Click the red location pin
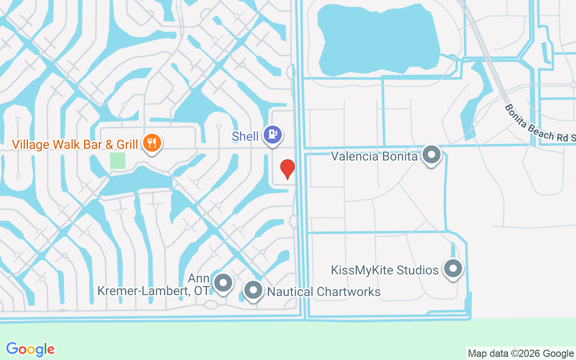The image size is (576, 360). tap(287, 169)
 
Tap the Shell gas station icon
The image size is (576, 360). tap(273, 135)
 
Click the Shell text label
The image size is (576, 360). tap(245, 136)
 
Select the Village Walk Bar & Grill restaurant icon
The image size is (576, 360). tap(152, 143)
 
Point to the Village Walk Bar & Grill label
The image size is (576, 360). tap(75, 144)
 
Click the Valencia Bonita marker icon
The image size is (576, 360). tap(432, 154)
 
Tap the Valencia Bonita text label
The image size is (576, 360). tap(374, 157)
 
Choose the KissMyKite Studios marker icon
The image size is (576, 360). tap(453, 268)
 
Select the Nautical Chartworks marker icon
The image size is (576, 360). tap(253, 290)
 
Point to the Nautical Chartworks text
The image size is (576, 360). tap(324, 292)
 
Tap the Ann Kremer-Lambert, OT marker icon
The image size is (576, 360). tap(222, 283)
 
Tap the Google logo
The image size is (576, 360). tap(31, 349)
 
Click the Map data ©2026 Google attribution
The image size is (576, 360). tap(521, 353)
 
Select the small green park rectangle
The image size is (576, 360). tap(117, 161)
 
